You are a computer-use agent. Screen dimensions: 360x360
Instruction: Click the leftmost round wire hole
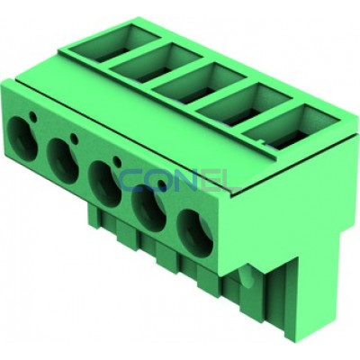(22, 139)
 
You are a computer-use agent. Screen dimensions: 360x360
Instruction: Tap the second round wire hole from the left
(63, 160)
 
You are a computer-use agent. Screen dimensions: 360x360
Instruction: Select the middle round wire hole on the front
(104, 184)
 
